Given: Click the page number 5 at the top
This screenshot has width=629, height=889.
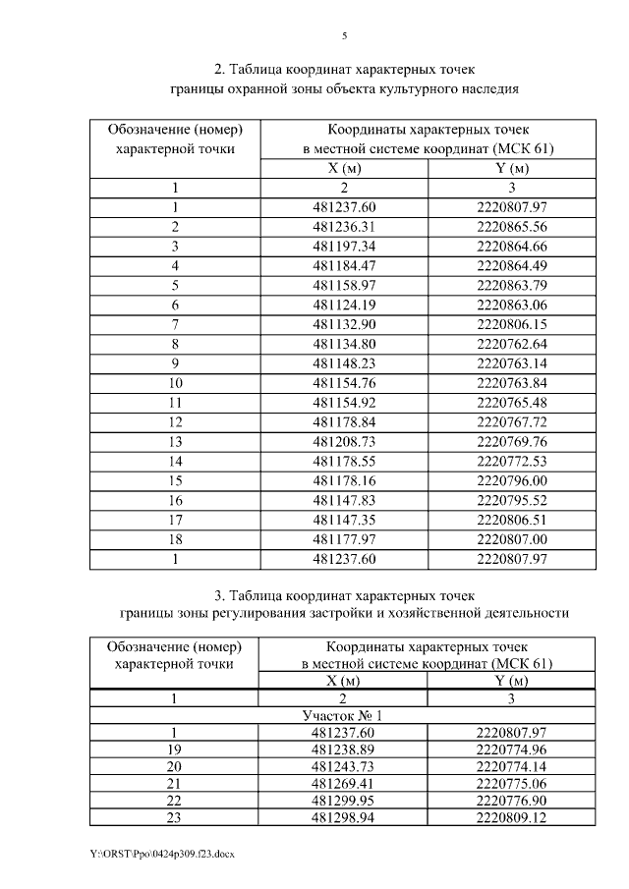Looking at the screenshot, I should [344, 36].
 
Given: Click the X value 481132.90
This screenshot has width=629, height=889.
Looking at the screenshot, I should [344, 323].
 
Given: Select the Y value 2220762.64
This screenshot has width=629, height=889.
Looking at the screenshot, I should [511, 343].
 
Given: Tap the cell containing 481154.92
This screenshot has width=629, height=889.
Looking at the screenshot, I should [344, 402].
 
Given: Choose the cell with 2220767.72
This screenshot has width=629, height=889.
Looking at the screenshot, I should [511, 421].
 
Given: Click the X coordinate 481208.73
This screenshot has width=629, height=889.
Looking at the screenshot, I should [344, 441].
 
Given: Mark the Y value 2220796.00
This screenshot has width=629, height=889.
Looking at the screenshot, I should [511, 480].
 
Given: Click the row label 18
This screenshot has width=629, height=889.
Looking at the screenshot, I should [174, 539].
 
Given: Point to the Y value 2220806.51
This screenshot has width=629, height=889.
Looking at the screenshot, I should [511, 520].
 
